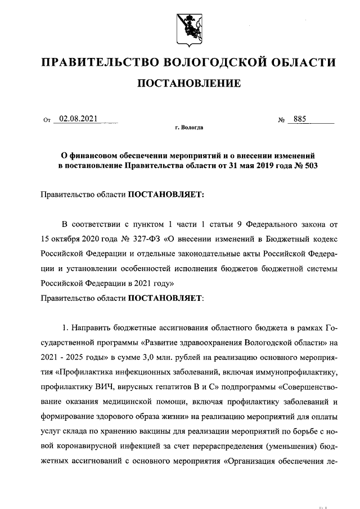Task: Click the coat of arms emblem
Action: [x=190, y=26]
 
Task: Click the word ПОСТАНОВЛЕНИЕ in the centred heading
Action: [x=189, y=84]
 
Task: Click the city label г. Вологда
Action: [x=189, y=128]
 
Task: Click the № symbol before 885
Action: [x=281, y=120]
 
